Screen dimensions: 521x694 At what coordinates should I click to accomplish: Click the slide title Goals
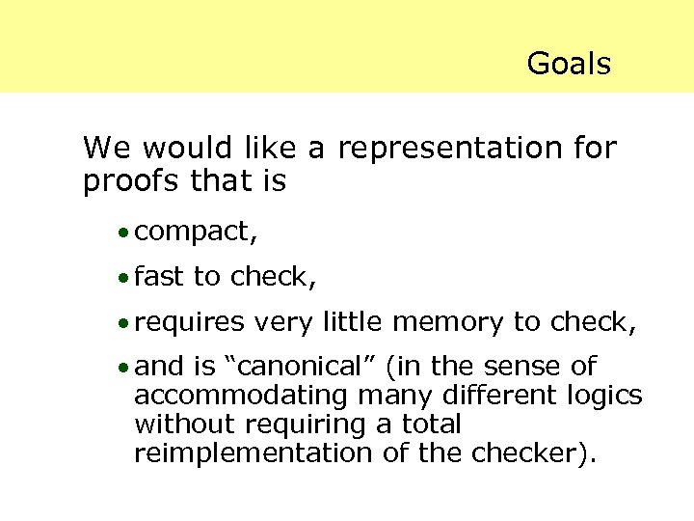pyautogui.click(x=569, y=64)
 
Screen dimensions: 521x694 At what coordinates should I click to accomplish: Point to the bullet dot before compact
pyautogui.click(x=123, y=233)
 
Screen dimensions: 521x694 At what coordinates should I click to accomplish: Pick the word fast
pyautogui.click(x=159, y=277)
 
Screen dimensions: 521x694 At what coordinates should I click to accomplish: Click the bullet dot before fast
pyautogui.click(x=123, y=279)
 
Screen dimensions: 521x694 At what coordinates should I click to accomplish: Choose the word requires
pyautogui.click(x=190, y=323)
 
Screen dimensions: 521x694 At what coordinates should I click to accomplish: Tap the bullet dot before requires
pyautogui.click(x=123, y=324)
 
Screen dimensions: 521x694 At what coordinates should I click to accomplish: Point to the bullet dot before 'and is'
pyautogui.click(x=123, y=369)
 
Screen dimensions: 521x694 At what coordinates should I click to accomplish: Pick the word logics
pyautogui.click(x=602, y=397)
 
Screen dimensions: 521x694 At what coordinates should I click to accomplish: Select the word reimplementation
pyautogui.click(x=250, y=453)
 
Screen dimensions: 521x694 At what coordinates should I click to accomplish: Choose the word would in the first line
pyautogui.click(x=182, y=149)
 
